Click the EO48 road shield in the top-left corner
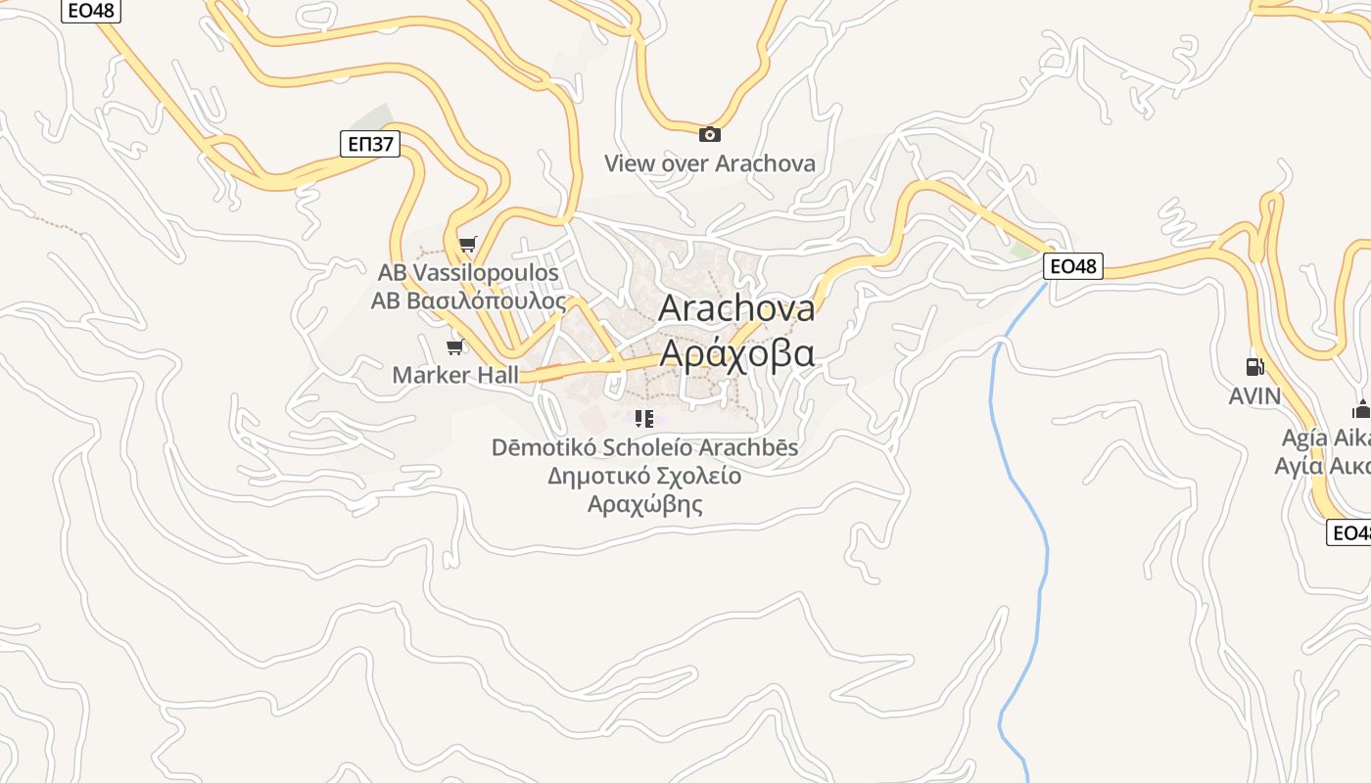(x=91, y=11)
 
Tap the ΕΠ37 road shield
(x=371, y=145)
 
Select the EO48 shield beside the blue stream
(x=1072, y=265)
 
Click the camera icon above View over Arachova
(x=710, y=134)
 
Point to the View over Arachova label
(x=709, y=163)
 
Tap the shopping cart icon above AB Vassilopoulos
(x=467, y=244)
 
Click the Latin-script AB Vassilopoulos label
(x=468, y=272)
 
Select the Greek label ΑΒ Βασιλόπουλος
(x=468, y=300)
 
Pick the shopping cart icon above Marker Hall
(x=454, y=347)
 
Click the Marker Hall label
(x=455, y=375)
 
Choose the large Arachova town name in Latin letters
(x=736, y=308)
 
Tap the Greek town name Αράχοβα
(x=736, y=352)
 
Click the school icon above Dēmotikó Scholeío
(x=644, y=419)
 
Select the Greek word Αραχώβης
(x=645, y=505)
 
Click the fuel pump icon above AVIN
(x=1254, y=367)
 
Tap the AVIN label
(x=1254, y=395)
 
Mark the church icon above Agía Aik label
(x=1361, y=409)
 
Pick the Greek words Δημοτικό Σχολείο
(x=644, y=477)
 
